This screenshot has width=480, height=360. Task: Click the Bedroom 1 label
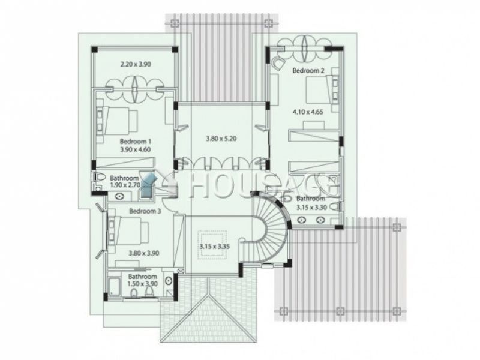coord(136,142)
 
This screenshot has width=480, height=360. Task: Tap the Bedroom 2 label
coord(308,70)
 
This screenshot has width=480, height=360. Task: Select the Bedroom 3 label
coord(145,211)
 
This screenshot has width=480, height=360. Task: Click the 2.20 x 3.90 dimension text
coord(136,64)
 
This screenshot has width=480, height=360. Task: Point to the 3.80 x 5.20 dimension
coord(221,139)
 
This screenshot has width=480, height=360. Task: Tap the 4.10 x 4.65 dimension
coord(308,112)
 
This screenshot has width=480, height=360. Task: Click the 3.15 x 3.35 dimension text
coord(215,246)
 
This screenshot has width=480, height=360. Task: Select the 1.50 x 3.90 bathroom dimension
coord(143,284)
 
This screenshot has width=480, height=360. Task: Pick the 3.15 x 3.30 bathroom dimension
coord(311,207)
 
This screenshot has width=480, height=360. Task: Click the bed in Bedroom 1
coord(117,121)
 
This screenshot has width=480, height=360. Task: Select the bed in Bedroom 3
coord(128,230)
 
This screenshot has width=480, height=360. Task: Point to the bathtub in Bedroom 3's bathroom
coord(115,287)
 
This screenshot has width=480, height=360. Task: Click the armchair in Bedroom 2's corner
coord(277,63)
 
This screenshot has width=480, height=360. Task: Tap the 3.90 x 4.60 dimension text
coord(136,149)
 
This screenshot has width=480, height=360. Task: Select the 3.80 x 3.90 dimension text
coord(143,253)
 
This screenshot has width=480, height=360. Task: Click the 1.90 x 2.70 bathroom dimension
coord(125,185)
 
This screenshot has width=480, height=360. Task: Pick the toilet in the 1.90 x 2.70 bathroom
coord(99,177)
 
